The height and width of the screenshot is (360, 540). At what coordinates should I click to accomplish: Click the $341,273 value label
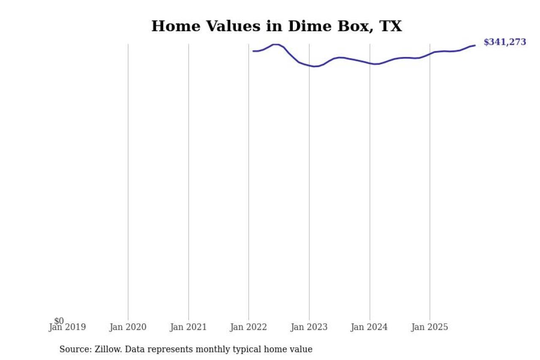[x=505, y=42]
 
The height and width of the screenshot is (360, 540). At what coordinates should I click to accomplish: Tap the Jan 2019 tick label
[x=67, y=327]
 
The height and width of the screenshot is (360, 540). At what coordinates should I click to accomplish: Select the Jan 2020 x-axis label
[x=128, y=327]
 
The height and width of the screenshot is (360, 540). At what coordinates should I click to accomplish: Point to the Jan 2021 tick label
[x=188, y=327]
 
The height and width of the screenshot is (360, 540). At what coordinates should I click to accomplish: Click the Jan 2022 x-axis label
[x=248, y=327]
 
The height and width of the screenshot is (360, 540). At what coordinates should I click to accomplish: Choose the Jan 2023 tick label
[x=309, y=327]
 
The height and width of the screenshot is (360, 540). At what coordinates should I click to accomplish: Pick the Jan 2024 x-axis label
[x=370, y=327]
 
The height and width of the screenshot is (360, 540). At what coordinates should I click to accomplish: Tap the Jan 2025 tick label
[x=430, y=327]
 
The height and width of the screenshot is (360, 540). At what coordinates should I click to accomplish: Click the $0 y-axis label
[x=59, y=321]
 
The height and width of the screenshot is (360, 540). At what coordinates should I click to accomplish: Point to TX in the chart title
[x=391, y=26]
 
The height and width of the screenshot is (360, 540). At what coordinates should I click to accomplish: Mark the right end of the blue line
[x=475, y=45]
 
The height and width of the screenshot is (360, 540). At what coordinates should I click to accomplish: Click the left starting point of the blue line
[x=253, y=51]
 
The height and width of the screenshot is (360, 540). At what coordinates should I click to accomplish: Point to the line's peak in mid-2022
[x=275, y=44]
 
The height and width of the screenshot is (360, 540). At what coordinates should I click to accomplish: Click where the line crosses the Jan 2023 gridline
[x=309, y=65]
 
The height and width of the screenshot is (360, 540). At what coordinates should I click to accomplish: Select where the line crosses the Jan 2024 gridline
[x=370, y=63]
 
